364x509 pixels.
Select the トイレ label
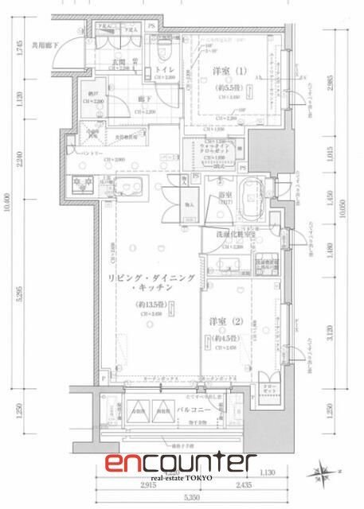(164, 70)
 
